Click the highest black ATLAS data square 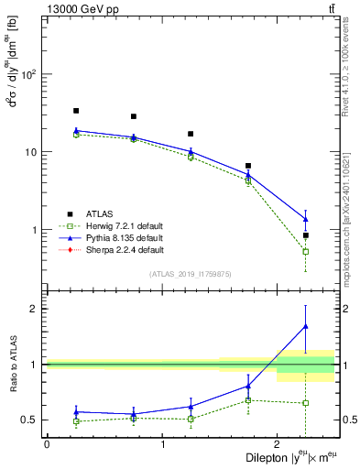coord(76,111)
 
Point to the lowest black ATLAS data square coord(306,235)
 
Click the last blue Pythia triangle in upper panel coord(306,219)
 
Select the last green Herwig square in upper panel coord(306,251)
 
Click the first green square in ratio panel coord(76,421)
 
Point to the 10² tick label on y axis coord(29,74)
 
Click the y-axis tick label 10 coord(31,152)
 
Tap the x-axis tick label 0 coord(47,444)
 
